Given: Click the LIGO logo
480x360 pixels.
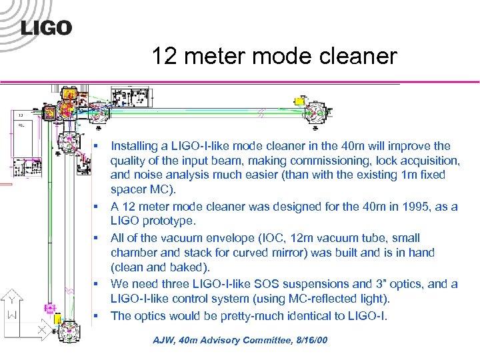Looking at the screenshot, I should pyautogui.click(x=46, y=27).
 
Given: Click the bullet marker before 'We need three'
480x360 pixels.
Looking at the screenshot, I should pyautogui.click(x=97, y=285).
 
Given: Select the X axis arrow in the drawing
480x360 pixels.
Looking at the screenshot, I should pyautogui.click(x=43, y=329).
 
